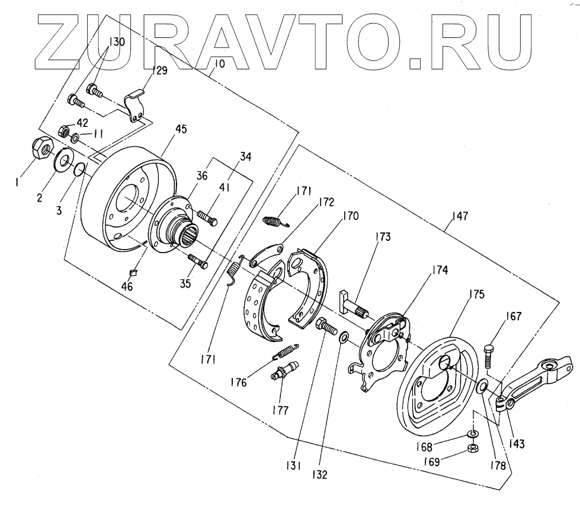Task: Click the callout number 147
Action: pyautogui.click(x=459, y=217)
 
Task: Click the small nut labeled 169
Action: pyautogui.click(x=473, y=448)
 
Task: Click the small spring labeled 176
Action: pyautogui.click(x=284, y=352)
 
